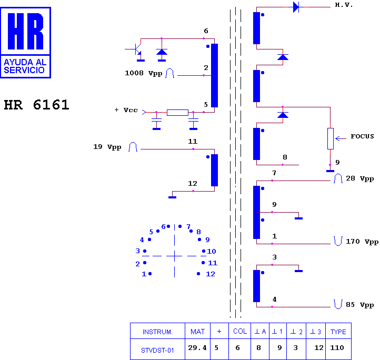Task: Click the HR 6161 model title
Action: point(37,105)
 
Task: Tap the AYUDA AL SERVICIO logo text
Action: point(25,66)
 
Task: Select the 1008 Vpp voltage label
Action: point(144,73)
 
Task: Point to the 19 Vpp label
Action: point(107,147)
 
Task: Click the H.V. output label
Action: point(344,5)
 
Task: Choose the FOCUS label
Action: point(362,136)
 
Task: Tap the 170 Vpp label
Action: point(362,242)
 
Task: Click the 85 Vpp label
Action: point(359,305)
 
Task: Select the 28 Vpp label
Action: point(359,178)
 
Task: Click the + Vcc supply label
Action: point(126,110)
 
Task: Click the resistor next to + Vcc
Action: point(178,113)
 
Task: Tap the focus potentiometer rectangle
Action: point(331,138)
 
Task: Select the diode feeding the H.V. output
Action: point(296,7)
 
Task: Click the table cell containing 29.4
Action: point(197,349)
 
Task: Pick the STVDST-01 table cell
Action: point(157,349)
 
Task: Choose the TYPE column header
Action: point(338,331)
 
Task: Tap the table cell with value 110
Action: point(338,349)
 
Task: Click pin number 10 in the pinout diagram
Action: point(212,252)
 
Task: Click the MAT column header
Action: point(197,331)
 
